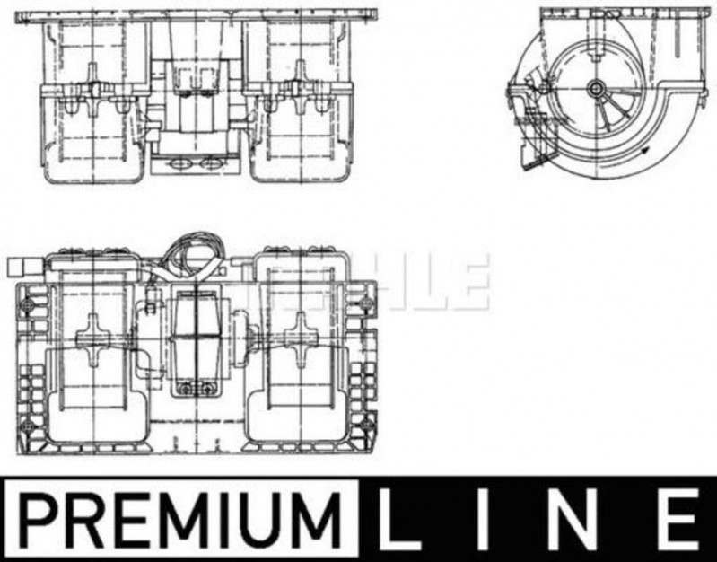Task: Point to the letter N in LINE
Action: pyautogui.click(x=573, y=520)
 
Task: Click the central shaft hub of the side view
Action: pyautogui.click(x=597, y=87)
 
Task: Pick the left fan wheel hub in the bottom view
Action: pyautogui.click(x=93, y=337)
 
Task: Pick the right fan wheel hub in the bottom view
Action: pyautogui.click(x=293, y=337)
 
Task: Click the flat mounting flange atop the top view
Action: pyautogui.click(x=197, y=16)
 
